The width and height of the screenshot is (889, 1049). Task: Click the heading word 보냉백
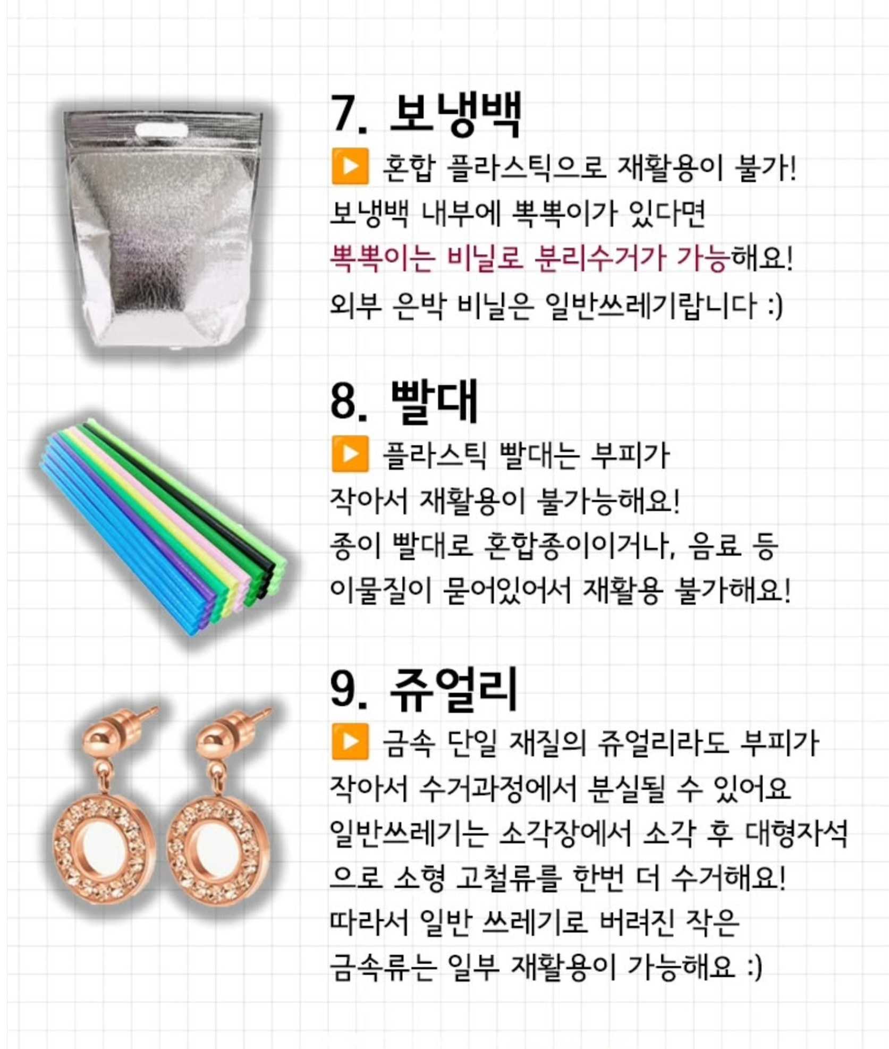pos(455,114)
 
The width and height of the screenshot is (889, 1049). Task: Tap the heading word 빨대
pos(434,402)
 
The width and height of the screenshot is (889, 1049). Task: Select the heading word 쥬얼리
pos(453,690)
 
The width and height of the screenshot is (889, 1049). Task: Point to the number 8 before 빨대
pos(343,402)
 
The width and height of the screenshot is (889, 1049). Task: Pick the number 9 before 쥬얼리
pos(343,690)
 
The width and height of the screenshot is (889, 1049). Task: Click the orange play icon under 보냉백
pos(350,167)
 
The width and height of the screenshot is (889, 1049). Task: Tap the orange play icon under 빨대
pos(350,454)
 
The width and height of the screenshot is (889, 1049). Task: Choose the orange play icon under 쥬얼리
pos(350,741)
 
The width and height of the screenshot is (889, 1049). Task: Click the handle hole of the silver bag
pos(162,130)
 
